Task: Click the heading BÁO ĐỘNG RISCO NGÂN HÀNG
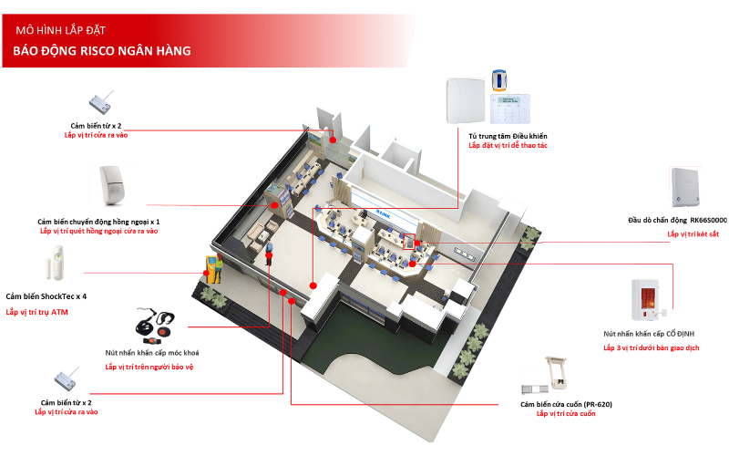(102, 51)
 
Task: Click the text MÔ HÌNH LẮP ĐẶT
(60, 30)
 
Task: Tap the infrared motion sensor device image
(112, 185)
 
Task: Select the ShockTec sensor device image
(56, 263)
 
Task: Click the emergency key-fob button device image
(155, 325)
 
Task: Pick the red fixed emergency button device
(648, 300)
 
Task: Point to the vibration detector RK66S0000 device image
(685, 187)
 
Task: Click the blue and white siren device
(498, 80)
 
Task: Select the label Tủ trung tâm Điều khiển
(508, 136)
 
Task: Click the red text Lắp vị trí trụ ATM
(36, 312)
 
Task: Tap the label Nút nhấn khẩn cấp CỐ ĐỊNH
(649, 334)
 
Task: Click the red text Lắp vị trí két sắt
(693, 234)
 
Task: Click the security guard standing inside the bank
(268, 254)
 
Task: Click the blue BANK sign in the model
(384, 214)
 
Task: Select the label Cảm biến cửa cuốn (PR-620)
(566, 404)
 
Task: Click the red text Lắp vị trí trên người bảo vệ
(149, 367)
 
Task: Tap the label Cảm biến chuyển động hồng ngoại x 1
(98, 222)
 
